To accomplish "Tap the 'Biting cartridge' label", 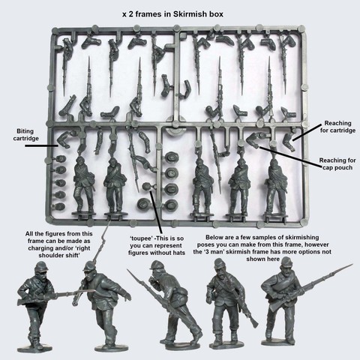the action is tap(25, 135).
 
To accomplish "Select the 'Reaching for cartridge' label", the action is tap(337, 127).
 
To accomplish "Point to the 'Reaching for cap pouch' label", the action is tap(337, 163).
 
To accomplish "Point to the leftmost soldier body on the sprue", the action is tap(84, 185).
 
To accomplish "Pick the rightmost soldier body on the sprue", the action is tap(275, 186).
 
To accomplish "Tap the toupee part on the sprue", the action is tap(146, 187).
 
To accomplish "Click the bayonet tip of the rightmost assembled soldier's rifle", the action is tap(352, 264).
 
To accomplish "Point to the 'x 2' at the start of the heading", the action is tap(128, 14).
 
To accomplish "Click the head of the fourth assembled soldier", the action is tap(220, 266).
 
